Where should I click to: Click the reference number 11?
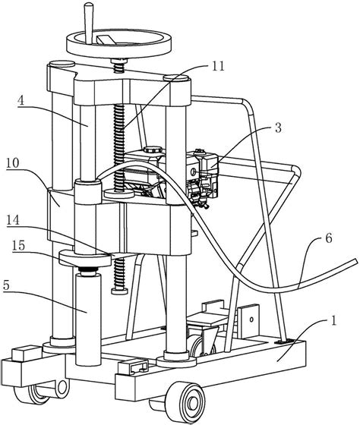pos(218,66)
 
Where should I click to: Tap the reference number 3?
pos(278,128)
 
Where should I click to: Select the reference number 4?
pos(21,100)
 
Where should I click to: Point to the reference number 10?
pos(13,163)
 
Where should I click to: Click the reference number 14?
pos(14,220)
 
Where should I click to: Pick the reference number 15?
pos(18,246)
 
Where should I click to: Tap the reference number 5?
pos(7,285)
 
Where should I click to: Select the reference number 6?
pos(329,238)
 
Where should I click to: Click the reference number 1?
pos(334,320)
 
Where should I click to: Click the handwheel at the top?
pos(118,43)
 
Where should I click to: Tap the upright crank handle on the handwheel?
pos(88,23)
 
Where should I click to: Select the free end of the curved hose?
pos(355,261)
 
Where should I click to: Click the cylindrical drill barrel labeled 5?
pos(88,320)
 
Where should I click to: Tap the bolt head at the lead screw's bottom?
pos(119,291)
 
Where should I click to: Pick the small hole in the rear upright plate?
pos(251,320)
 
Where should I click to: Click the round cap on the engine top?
pos(153,150)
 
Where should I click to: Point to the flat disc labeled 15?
pos(85,259)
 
